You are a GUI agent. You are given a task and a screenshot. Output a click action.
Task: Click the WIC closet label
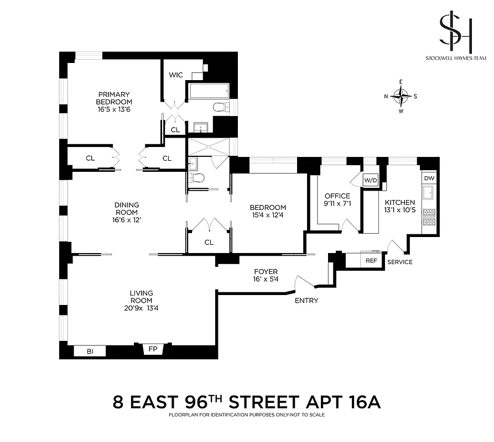[x=176, y=75]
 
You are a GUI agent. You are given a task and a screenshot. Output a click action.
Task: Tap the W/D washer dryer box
[x=370, y=180]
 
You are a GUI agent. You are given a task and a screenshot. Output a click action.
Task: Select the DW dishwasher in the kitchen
[x=429, y=178]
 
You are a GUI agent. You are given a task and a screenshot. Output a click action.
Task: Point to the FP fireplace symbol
[x=153, y=349]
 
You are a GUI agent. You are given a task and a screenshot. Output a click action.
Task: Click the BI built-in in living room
[x=90, y=351]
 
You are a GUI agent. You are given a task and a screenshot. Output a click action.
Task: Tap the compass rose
[x=401, y=96]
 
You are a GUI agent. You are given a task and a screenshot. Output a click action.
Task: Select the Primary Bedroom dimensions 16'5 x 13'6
[x=114, y=109]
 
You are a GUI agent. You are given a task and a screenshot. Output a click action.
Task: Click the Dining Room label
[x=127, y=208]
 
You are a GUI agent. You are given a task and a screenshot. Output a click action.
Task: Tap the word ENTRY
[x=306, y=301]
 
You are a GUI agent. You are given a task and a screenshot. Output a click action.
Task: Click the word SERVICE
[x=399, y=262]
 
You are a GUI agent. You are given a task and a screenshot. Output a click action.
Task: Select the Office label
[x=337, y=196]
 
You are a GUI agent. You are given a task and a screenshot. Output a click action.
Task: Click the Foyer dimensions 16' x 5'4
[x=266, y=279]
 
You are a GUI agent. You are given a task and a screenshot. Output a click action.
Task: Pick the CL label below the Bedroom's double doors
[x=209, y=242]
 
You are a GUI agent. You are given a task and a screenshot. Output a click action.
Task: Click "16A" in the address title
[x=360, y=402]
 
